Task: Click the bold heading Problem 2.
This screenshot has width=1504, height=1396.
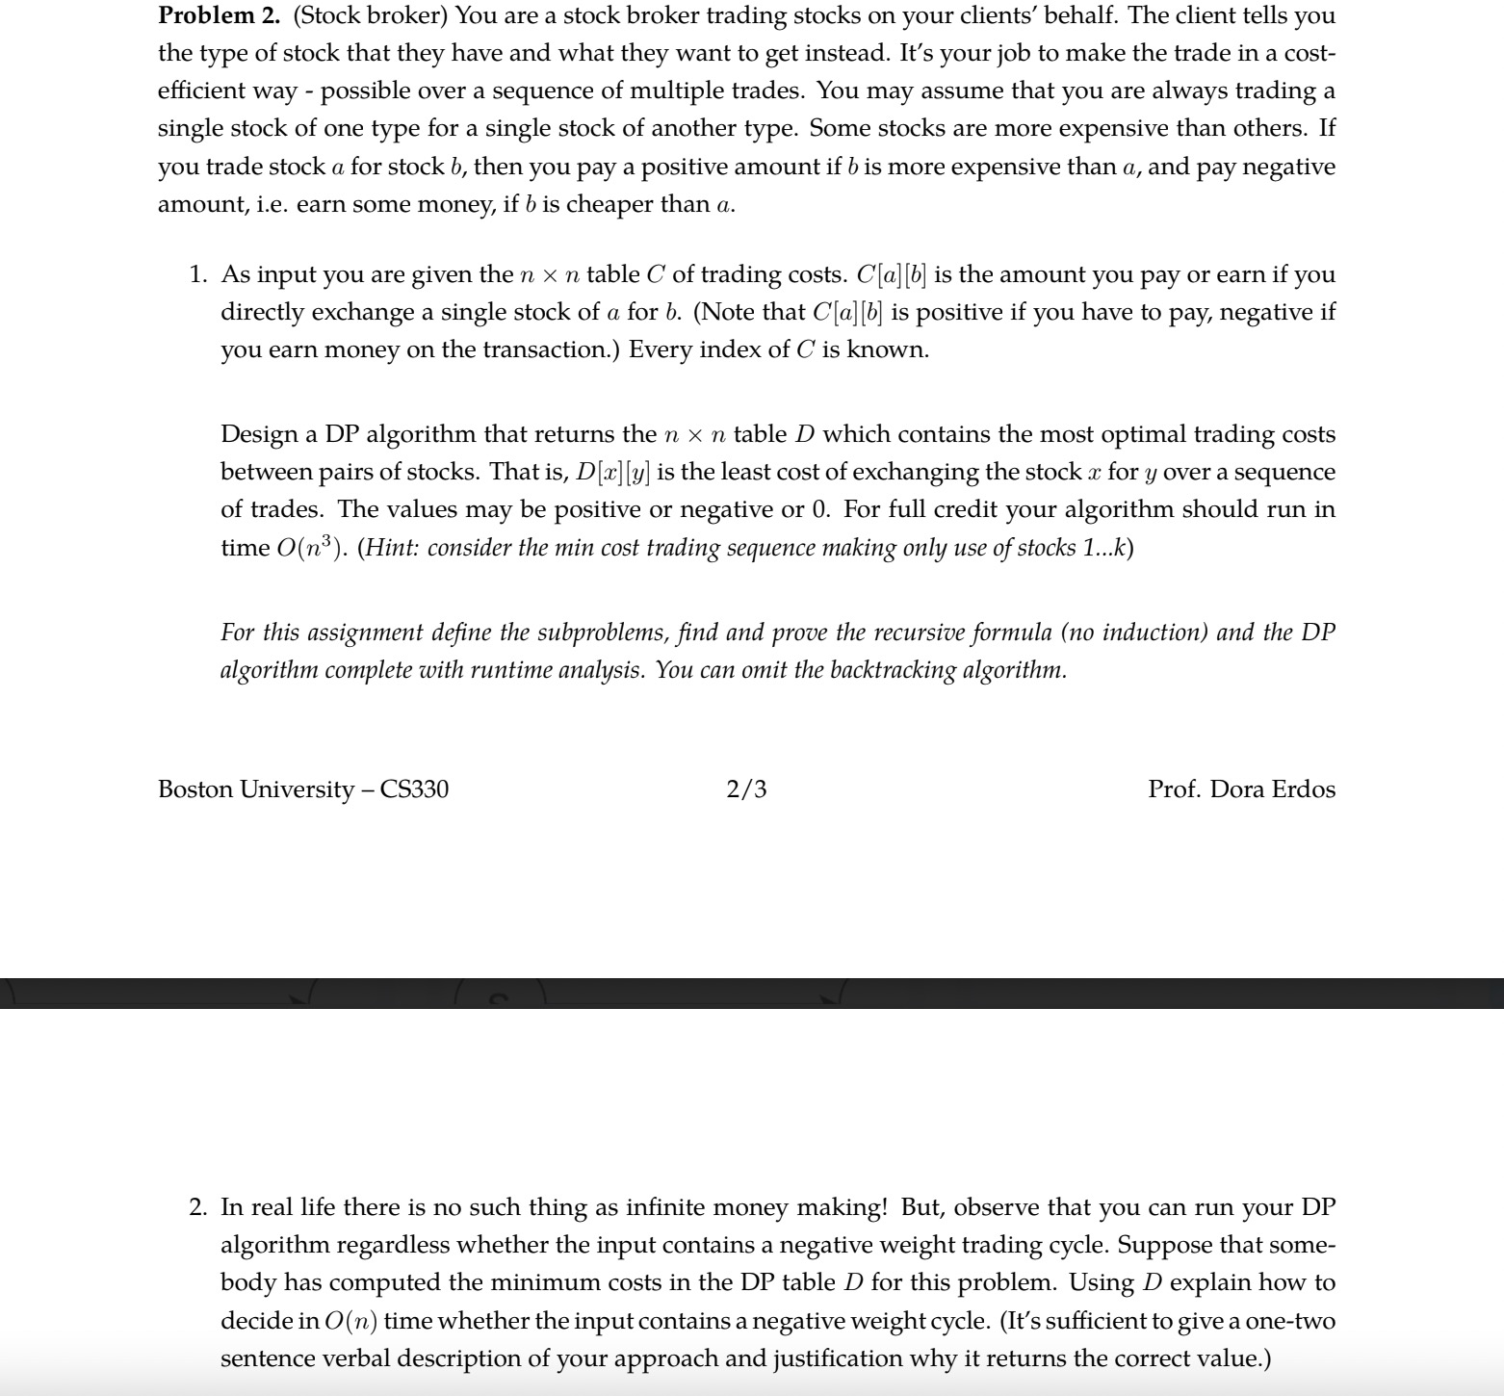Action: [219, 15]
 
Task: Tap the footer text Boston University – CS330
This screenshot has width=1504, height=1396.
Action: [302, 789]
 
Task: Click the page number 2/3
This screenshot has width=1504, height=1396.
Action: [746, 789]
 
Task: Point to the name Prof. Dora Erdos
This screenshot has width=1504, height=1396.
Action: [1241, 789]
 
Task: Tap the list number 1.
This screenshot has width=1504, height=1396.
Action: [197, 275]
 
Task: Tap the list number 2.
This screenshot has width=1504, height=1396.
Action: [197, 1208]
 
